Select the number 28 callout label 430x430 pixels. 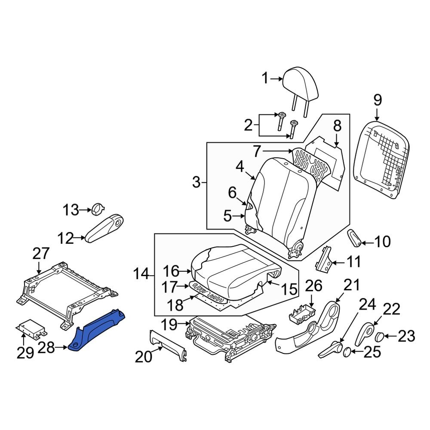(x=46, y=347)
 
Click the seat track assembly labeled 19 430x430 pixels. (x=228, y=333)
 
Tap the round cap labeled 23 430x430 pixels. (x=380, y=337)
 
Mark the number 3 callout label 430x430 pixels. (x=196, y=183)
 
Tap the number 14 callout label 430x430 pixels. (x=142, y=273)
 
